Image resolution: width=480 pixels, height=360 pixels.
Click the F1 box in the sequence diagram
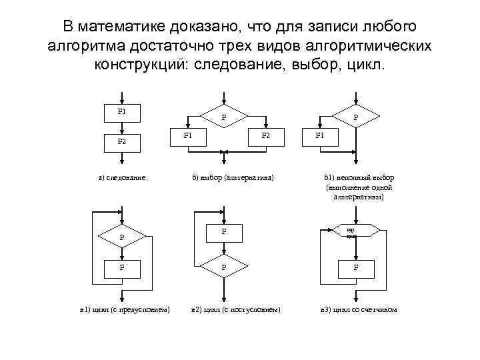(x=121, y=112)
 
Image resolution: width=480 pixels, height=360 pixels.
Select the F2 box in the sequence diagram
(x=121, y=142)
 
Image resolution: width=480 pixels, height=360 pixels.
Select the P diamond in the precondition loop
(x=121, y=237)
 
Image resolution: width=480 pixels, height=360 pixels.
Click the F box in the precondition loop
(x=121, y=267)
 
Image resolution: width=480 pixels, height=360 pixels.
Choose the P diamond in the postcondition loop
(x=223, y=267)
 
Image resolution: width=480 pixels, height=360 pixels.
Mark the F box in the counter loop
(x=355, y=267)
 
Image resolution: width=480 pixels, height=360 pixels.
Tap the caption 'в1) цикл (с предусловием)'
(x=124, y=310)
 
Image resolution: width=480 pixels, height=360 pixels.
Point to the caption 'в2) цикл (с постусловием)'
(x=235, y=310)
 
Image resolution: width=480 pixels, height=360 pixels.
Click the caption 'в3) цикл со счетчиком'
(x=359, y=310)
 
